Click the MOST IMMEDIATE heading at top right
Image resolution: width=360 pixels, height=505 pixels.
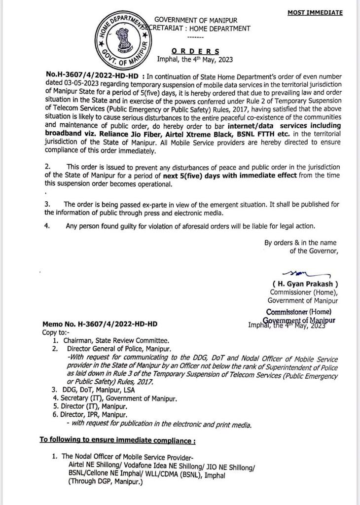tap(315, 13)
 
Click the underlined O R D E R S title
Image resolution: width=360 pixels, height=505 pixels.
tap(196, 51)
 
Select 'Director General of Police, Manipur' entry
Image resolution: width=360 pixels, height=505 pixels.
tap(117, 348)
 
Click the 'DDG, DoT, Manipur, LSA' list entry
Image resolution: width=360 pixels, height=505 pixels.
tap(101, 390)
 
